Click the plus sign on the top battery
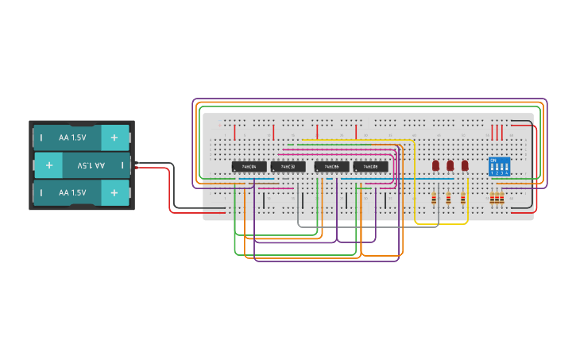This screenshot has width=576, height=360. pyautogui.click(x=114, y=137)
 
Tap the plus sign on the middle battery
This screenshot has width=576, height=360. pyautogui.click(x=49, y=165)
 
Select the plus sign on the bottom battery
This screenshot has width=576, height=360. pyautogui.click(x=114, y=192)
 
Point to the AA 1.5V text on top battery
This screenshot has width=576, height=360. pyautogui.click(x=72, y=137)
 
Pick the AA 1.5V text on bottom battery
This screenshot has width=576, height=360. pyautogui.click(x=72, y=192)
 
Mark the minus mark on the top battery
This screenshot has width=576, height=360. pyautogui.click(x=42, y=137)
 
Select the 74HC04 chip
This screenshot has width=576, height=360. pyautogui.click(x=249, y=167)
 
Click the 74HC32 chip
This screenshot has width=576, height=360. pyautogui.click(x=288, y=167)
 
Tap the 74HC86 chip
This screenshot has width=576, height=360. pyautogui.click(x=331, y=167)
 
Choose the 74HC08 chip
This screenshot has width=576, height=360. pyautogui.click(x=371, y=167)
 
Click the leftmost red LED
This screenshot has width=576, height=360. pyautogui.click(x=435, y=165)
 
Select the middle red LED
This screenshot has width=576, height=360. pyautogui.click(x=450, y=165)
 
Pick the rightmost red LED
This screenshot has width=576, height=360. pyautogui.click(x=465, y=165)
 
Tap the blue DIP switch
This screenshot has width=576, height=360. pyautogui.click(x=499, y=166)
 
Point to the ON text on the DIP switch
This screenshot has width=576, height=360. pyautogui.click(x=494, y=161)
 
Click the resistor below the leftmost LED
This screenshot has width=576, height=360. pyautogui.click(x=434, y=198)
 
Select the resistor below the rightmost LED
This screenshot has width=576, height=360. pyautogui.click(x=463, y=198)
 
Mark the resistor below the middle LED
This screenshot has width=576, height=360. pyautogui.click(x=448, y=198)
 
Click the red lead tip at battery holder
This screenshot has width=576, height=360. pyautogui.click(x=137, y=169)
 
